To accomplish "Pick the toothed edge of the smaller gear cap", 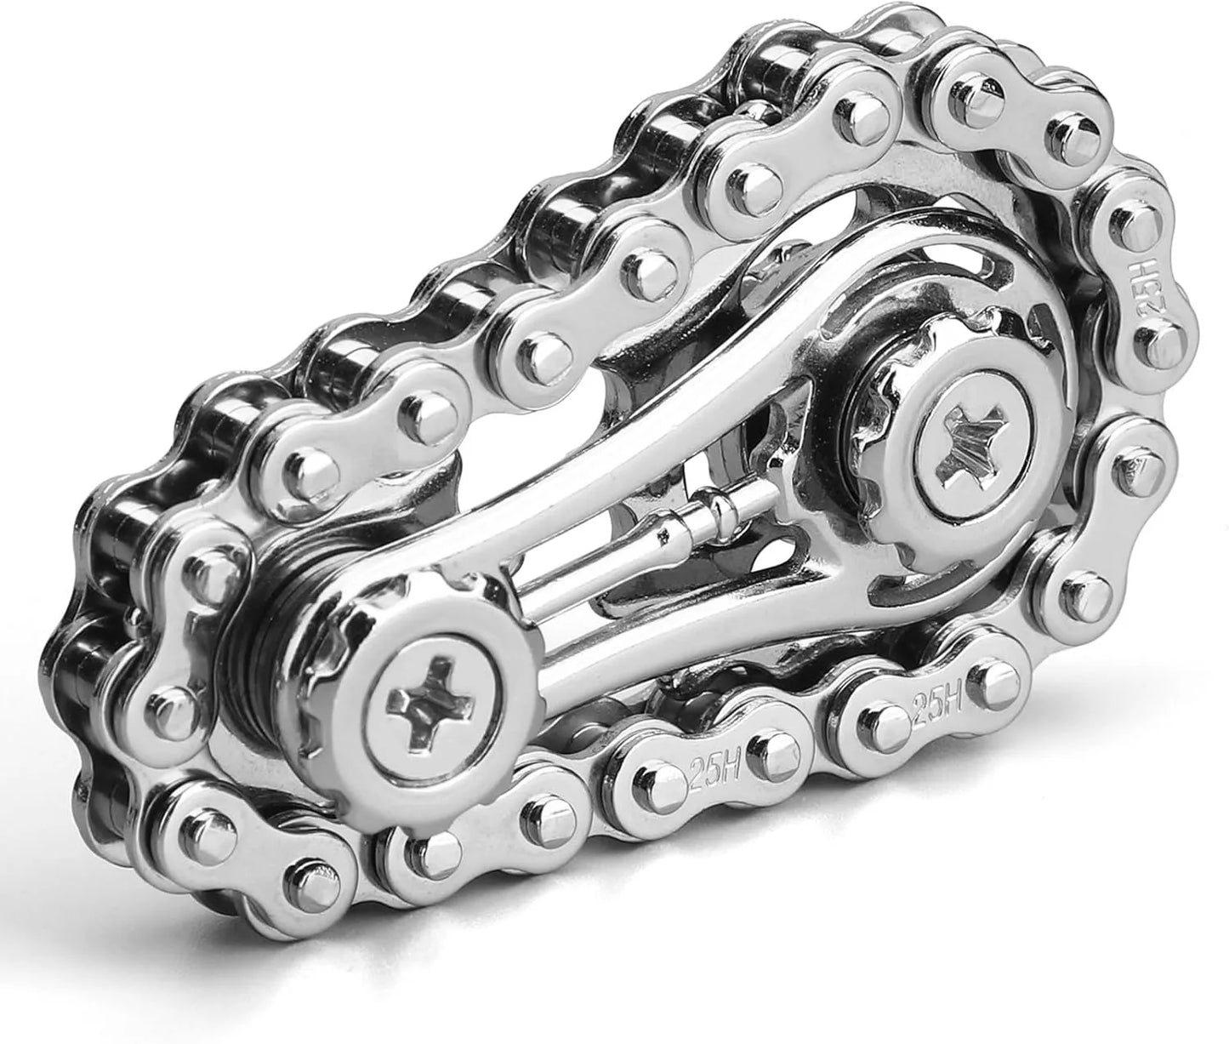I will coord(357,613).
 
